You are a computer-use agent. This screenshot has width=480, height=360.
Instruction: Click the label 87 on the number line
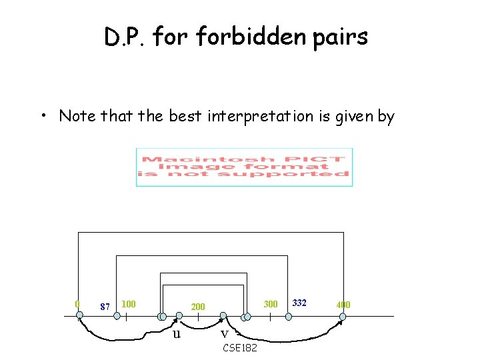click(x=104, y=307)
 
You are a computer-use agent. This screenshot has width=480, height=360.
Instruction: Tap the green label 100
click(x=129, y=304)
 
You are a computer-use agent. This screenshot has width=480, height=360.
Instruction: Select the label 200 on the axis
click(x=198, y=307)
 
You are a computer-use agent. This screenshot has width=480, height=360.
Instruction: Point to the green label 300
click(x=270, y=304)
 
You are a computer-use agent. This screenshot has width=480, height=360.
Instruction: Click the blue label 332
click(x=299, y=303)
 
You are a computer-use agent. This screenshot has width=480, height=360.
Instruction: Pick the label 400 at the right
click(x=343, y=305)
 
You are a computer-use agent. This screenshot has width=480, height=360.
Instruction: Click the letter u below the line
click(x=177, y=333)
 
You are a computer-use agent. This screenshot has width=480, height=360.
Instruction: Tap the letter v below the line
click(x=224, y=333)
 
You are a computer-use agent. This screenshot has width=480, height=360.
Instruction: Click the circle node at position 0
click(x=79, y=316)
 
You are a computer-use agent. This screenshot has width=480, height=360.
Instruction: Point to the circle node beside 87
click(x=117, y=317)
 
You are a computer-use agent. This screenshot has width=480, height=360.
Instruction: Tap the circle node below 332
click(x=287, y=316)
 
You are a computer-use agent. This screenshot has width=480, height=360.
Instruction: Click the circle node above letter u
click(x=178, y=316)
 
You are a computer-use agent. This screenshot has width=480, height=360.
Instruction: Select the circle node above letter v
click(x=224, y=316)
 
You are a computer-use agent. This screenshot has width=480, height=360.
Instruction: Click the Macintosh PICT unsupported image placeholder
click(x=244, y=167)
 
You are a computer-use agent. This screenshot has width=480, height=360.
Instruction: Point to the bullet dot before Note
click(x=43, y=117)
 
